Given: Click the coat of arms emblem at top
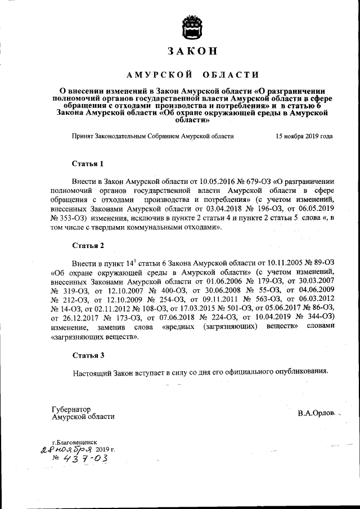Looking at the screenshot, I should (192, 27).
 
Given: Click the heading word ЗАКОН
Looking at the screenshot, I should (192, 52).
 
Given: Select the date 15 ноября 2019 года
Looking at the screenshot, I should (303, 136).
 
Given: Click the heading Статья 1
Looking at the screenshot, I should (88, 164).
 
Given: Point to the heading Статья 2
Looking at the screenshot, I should (88, 245).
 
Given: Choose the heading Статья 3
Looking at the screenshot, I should (88, 355).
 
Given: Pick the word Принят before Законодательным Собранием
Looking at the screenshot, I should (84, 136).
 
